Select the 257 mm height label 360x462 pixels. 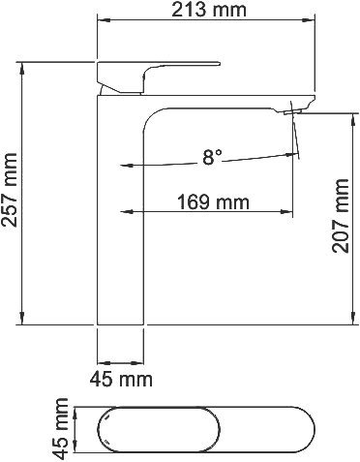point(11,193)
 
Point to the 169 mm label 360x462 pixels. point(213,202)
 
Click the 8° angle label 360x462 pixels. point(212,156)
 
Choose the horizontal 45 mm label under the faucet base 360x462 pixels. point(121,377)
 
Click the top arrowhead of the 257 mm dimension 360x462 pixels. point(21,68)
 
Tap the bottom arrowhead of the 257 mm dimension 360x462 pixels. point(21,321)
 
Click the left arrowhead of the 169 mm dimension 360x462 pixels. point(125,211)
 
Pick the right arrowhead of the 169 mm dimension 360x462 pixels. point(289,211)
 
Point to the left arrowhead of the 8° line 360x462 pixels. point(125,165)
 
